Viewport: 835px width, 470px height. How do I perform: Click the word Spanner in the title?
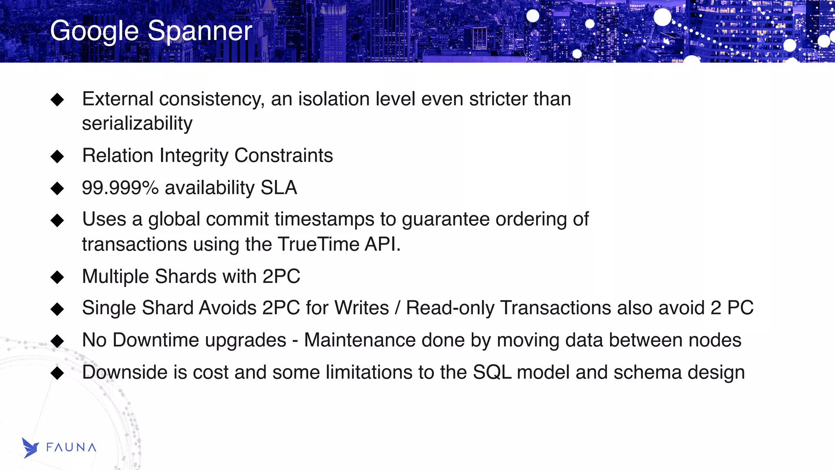(200, 31)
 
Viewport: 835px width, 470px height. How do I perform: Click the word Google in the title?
(95, 32)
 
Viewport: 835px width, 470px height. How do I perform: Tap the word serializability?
(137, 124)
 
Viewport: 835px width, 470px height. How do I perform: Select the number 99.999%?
(120, 188)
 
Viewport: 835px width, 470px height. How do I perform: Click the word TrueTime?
(318, 244)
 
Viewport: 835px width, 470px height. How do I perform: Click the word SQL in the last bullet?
(492, 372)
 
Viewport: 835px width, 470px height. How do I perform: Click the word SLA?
(279, 188)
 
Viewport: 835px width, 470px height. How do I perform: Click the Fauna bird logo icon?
(30, 448)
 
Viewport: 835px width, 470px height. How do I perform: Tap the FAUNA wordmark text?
(71, 448)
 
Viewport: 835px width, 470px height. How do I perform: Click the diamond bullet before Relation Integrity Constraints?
(57, 156)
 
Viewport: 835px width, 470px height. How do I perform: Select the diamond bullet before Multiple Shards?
(57, 277)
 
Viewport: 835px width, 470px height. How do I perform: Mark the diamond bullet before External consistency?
(57, 99)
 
